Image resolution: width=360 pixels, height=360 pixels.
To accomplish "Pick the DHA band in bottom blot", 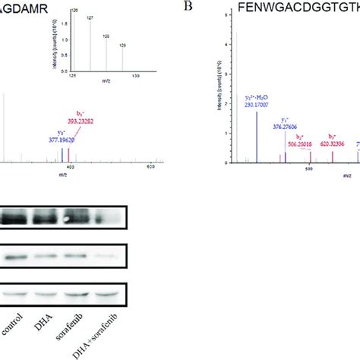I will point(47,295).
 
